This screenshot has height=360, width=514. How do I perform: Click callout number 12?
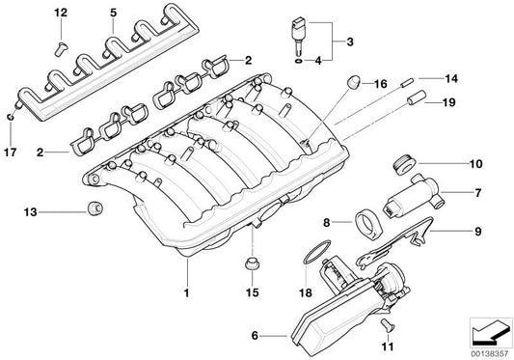pyautogui.click(x=61, y=13)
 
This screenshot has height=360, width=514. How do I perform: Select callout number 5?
pyautogui.click(x=113, y=13)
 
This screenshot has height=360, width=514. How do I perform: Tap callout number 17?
pyautogui.click(x=11, y=151)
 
